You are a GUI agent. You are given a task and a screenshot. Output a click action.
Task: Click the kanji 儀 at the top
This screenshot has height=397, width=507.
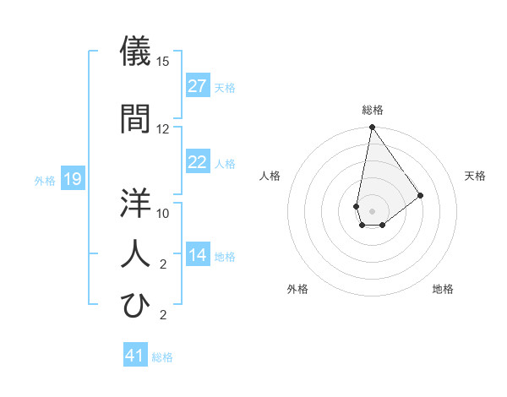pyautogui.click(x=136, y=52)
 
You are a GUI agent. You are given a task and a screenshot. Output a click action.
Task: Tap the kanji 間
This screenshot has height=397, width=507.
pyautogui.click(x=136, y=118)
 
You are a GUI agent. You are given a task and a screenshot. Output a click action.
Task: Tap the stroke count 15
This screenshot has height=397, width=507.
pyautogui.click(x=163, y=62)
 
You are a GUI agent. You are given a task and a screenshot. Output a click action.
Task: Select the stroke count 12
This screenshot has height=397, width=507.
pyautogui.click(x=163, y=128)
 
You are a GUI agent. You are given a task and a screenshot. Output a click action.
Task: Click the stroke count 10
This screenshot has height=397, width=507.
pyautogui.click(x=163, y=213)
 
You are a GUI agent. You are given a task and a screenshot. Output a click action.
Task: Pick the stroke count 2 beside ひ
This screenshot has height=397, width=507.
pyautogui.click(x=163, y=315)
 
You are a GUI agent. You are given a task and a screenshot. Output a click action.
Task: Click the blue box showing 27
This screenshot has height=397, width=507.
pyautogui.click(x=197, y=86)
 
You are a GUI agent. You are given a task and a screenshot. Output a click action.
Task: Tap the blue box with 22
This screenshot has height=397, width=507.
pyautogui.click(x=197, y=162)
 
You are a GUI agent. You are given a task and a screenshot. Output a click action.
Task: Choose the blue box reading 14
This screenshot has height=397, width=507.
pyautogui.click(x=197, y=255)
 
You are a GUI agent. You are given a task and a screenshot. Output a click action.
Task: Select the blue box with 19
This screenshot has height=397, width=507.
pyautogui.click(x=72, y=178)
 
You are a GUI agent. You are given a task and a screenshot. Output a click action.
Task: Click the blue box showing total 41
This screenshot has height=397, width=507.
pyautogui.click(x=135, y=356)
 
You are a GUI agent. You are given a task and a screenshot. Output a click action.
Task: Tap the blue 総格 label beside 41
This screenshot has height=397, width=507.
pyautogui.click(x=162, y=356)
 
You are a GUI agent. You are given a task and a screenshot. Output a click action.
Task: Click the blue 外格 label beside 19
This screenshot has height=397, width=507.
pyautogui.click(x=45, y=179)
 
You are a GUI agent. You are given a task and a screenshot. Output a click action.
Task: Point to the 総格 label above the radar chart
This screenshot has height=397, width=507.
pyautogui.click(x=372, y=110)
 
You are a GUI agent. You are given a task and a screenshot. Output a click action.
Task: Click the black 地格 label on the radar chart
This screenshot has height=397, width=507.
pyautogui.click(x=443, y=289)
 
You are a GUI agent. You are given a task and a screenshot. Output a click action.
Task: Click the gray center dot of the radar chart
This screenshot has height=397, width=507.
pyautogui.click(x=372, y=209)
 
